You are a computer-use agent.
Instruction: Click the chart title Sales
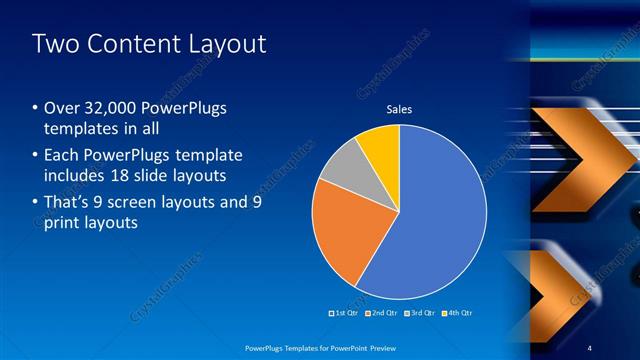[399, 110]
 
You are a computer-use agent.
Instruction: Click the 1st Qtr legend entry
[343, 313]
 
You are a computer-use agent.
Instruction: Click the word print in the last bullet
[59, 224]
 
